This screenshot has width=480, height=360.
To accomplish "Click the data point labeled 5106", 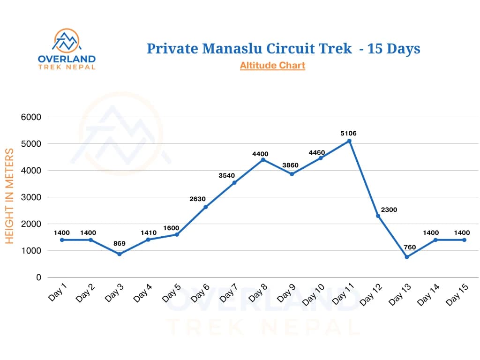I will (349, 141).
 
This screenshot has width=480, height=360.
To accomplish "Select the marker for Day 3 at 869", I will (119, 254).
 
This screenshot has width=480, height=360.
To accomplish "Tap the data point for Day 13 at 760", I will (407, 257).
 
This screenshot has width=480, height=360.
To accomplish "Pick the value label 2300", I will (389, 210).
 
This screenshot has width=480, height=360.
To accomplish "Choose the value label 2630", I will (198, 199).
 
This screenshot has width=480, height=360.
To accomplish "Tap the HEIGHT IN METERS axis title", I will (10, 196).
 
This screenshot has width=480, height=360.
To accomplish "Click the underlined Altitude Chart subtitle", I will (272, 65).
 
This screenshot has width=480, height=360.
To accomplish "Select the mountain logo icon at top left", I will (67, 42).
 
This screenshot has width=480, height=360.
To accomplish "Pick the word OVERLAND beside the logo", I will (67, 59).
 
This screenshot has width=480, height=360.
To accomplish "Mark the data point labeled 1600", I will (177, 234).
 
